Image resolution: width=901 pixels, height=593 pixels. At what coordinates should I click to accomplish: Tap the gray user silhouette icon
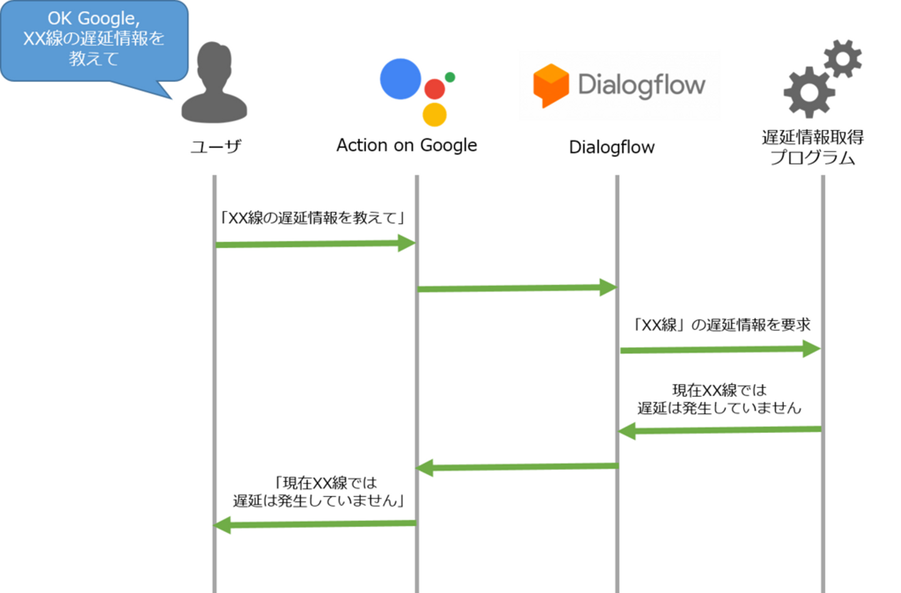214,84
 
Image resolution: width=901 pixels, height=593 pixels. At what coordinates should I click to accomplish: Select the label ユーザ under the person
216,146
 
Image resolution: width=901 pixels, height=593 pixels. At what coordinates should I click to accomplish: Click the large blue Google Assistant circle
400,79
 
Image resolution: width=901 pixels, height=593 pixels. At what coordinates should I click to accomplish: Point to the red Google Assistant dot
434,89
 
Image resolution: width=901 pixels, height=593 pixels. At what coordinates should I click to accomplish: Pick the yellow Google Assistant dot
434,114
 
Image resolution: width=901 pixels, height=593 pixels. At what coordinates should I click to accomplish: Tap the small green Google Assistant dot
450,77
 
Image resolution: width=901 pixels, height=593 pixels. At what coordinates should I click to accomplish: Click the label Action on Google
407,145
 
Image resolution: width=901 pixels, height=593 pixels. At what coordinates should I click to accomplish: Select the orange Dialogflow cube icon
551,85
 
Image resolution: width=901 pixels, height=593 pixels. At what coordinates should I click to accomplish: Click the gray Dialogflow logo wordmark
641,84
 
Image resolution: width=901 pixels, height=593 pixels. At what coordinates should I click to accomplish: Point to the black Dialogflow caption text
611,147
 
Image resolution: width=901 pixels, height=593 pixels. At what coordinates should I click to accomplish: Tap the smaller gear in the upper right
843,59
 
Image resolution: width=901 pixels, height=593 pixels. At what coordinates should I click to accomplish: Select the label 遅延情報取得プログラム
812,147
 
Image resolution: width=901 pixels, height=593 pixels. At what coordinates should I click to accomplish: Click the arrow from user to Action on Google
315,244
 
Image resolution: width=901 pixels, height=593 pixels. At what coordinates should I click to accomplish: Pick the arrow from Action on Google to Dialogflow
517,288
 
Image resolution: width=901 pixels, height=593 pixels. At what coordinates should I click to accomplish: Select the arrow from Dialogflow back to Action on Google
517,467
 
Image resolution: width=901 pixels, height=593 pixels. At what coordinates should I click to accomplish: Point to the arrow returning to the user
315,524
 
